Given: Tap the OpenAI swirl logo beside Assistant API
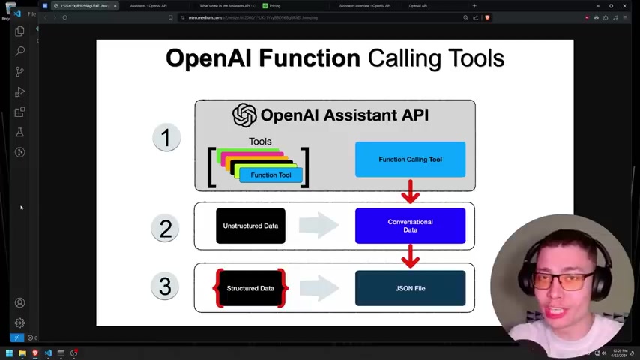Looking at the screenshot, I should (x=244, y=115).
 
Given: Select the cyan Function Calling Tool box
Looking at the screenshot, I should (x=410, y=160).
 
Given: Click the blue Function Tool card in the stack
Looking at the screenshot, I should (x=271, y=175).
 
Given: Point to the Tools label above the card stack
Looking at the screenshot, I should (x=260, y=141).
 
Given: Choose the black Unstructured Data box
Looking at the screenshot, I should (x=250, y=226).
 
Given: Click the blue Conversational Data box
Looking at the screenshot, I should (x=410, y=226).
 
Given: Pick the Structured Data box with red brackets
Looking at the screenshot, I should (x=250, y=288).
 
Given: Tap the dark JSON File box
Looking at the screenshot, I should (x=410, y=288).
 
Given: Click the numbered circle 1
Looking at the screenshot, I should (x=166, y=138).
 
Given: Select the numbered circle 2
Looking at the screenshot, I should (x=165, y=228).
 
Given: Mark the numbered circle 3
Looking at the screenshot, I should (x=165, y=286).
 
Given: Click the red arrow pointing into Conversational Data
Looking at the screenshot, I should (x=410, y=192).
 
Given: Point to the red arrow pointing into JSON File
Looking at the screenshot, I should (x=410, y=256).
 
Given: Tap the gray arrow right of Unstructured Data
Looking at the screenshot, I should (x=319, y=226).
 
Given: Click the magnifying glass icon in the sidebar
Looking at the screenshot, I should (x=20, y=51).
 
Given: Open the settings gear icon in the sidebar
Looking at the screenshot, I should (x=20, y=322).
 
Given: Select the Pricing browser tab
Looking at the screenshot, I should (x=274, y=6).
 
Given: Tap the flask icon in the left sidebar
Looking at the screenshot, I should (x=20, y=132).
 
